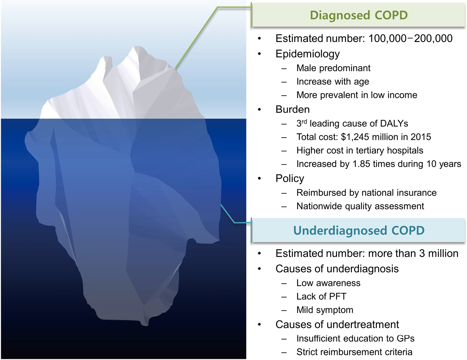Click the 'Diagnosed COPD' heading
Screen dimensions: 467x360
point(359,15)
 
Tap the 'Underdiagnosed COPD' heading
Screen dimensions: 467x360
point(359,231)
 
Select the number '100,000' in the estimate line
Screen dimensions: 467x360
point(387,39)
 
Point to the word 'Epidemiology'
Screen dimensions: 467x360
point(308,54)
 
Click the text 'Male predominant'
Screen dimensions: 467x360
point(333,68)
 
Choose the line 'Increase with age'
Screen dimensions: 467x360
point(333,82)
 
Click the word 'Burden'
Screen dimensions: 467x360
point(293,109)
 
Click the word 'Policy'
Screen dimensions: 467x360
point(290,179)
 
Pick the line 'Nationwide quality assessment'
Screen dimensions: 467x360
point(360,206)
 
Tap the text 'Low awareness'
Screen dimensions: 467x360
point(328,283)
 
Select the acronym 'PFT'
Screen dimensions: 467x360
point(338,296)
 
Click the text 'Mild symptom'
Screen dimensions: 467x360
point(325,310)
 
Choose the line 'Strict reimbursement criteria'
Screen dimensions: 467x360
point(354,352)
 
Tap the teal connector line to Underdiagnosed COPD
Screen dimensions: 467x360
point(230,218)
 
